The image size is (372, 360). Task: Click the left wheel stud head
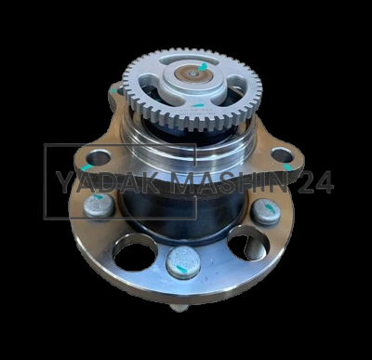coord(99,206)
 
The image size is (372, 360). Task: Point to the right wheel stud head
coord(266,212)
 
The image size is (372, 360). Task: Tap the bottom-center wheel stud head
coord(183,262)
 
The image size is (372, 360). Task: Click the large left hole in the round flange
coord(136,254)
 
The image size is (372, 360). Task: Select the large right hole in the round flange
coord(247,244)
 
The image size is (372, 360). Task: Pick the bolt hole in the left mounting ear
coord(99,158)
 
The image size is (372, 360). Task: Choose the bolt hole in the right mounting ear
coord(282,155)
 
